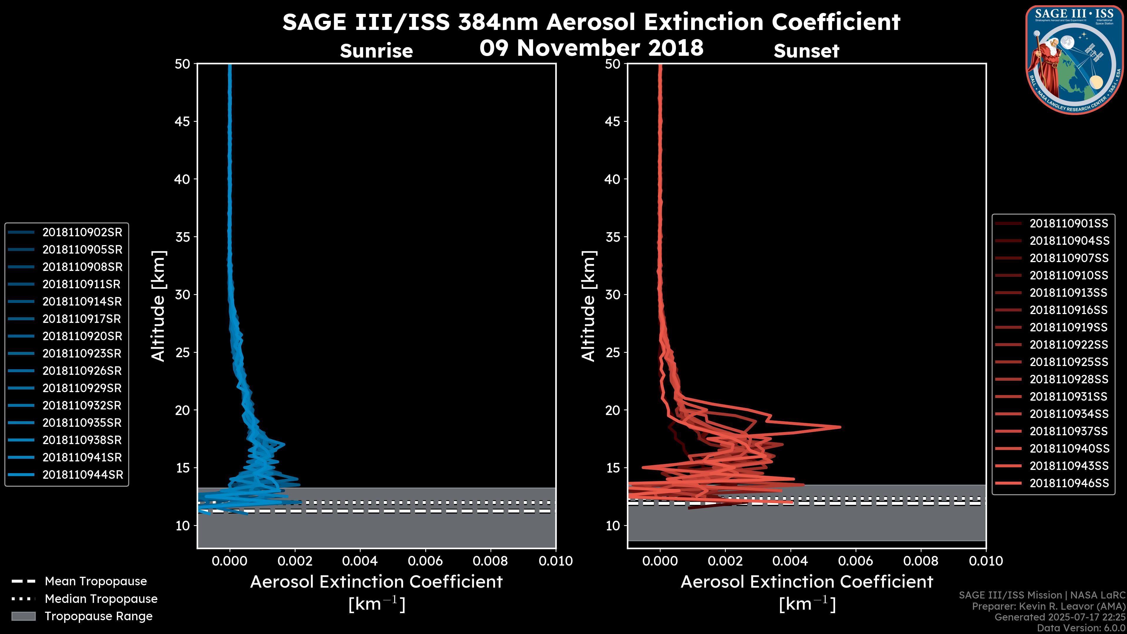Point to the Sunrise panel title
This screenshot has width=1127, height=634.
[x=376, y=51]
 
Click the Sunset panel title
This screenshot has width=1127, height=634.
[x=806, y=51]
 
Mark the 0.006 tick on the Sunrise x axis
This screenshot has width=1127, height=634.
[x=425, y=561]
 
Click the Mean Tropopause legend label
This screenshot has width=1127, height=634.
[x=96, y=581]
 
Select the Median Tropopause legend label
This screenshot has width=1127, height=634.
[x=101, y=599]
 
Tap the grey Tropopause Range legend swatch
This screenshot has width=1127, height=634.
[x=23, y=616]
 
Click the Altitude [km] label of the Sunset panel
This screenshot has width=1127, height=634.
[x=588, y=306]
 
